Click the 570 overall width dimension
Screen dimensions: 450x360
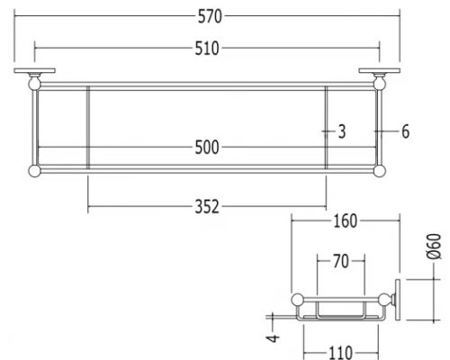pos(210,16)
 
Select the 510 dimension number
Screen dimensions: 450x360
pos(207,49)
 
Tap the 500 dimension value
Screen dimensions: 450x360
pos(207,148)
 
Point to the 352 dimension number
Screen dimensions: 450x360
pos(207,207)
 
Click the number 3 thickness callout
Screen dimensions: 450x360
pos(342,131)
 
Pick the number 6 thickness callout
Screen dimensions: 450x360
pos(405,131)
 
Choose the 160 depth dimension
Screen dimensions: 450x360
pos(346,221)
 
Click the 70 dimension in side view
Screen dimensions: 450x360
pos(341,261)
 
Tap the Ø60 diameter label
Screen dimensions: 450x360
pos(434,246)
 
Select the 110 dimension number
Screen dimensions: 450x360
pos(341,353)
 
